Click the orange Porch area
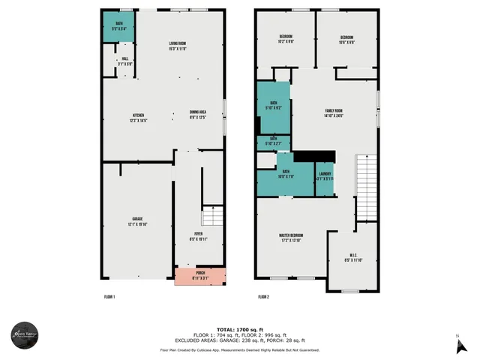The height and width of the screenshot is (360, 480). pyautogui.click(x=199, y=276)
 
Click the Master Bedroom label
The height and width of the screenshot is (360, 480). pyautogui.click(x=289, y=237)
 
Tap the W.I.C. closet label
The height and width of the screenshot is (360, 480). pyautogui.click(x=353, y=257)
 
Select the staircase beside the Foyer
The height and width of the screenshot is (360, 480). pyautogui.click(x=214, y=217)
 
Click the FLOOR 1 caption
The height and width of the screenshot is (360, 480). pyautogui.click(x=109, y=297)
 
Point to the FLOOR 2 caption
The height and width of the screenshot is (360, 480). pyautogui.click(x=263, y=297)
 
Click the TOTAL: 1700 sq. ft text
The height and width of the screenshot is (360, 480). pyautogui.click(x=239, y=329)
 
